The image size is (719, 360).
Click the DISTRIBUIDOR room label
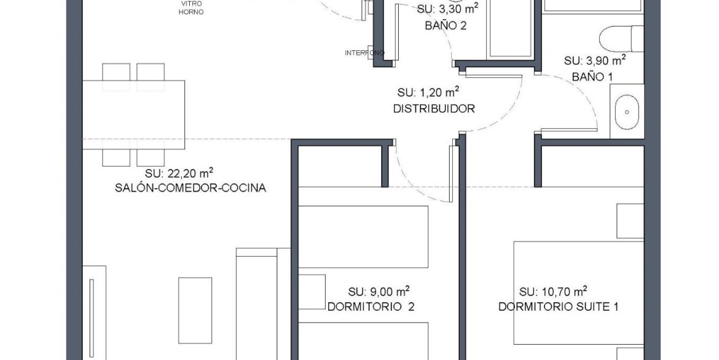[x=434, y=109]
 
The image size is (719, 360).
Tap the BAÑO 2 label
[x=446, y=26]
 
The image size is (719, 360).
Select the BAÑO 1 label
[x=592, y=77]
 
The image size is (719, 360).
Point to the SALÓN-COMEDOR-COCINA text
[x=191, y=188]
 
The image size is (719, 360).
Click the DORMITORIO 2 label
[x=371, y=307]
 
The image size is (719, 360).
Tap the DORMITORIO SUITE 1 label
[x=558, y=307]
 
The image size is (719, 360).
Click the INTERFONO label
[x=364, y=53]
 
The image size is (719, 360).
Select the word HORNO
[x=191, y=12]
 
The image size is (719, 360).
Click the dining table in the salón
[x=133, y=115]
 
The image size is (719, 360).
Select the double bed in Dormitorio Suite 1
[x=579, y=292]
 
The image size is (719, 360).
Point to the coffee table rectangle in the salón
[x=195, y=310]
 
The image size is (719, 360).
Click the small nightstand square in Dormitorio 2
[x=312, y=292]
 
